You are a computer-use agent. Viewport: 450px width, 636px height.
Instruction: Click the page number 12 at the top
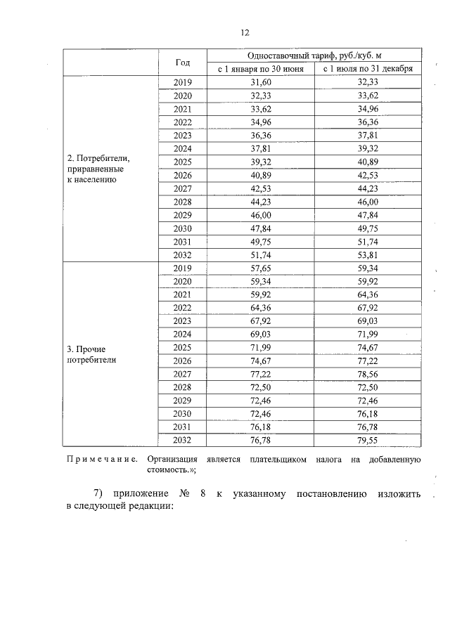click(244, 32)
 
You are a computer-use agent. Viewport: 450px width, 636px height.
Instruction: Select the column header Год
click(182, 62)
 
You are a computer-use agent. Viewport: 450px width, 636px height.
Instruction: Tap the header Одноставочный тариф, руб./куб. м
click(314, 55)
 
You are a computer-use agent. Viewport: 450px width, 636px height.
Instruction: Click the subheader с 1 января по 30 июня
click(261, 69)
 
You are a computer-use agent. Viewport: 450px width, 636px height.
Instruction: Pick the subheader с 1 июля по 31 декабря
click(368, 69)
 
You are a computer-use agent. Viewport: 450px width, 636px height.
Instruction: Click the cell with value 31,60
click(261, 82)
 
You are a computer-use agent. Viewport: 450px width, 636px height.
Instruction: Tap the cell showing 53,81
click(368, 255)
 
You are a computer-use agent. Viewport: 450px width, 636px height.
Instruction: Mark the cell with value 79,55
click(368, 441)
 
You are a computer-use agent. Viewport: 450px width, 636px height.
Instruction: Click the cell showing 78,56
click(368, 374)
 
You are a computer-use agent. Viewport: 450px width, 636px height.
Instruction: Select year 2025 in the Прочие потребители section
click(182, 347)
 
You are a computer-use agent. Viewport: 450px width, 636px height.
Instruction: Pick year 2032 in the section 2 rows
click(182, 255)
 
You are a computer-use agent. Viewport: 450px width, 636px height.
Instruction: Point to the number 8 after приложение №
click(202, 493)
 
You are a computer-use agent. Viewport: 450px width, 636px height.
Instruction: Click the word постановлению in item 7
click(330, 493)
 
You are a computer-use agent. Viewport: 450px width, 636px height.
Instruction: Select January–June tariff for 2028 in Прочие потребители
click(261, 387)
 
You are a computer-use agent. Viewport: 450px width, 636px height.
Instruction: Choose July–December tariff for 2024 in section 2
click(368, 148)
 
